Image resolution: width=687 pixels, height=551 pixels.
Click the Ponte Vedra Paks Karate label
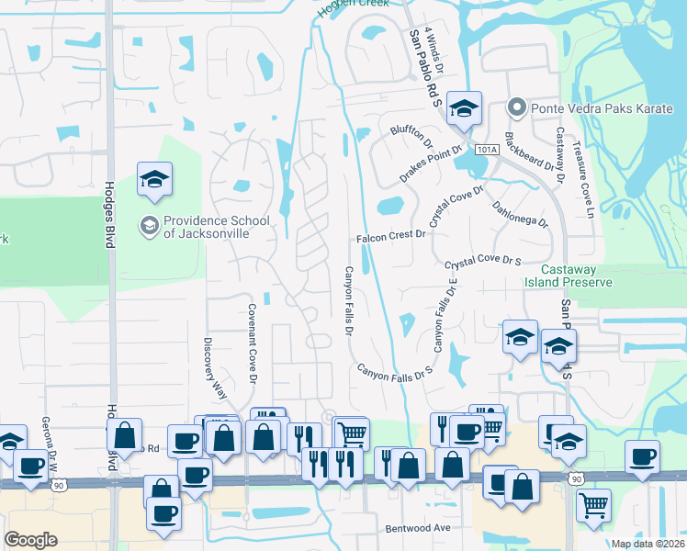coord(592,109)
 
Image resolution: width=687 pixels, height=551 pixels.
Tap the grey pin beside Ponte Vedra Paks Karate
coord(516,108)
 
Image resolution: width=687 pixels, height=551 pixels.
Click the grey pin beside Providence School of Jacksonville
coord(149,224)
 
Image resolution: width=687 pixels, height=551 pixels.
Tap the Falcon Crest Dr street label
coord(392,236)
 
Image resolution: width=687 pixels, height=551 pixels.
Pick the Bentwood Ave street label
coord(418,528)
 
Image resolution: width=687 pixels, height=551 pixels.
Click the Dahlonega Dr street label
coord(520,215)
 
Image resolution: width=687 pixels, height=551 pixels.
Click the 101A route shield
coord(486,149)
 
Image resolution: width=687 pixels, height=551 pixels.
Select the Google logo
coord(30,539)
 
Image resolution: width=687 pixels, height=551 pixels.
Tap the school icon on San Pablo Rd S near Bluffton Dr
coord(464,108)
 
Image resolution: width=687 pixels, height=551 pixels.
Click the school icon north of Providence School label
coord(154,180)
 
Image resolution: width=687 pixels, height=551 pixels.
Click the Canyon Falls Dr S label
coord(394,373)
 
